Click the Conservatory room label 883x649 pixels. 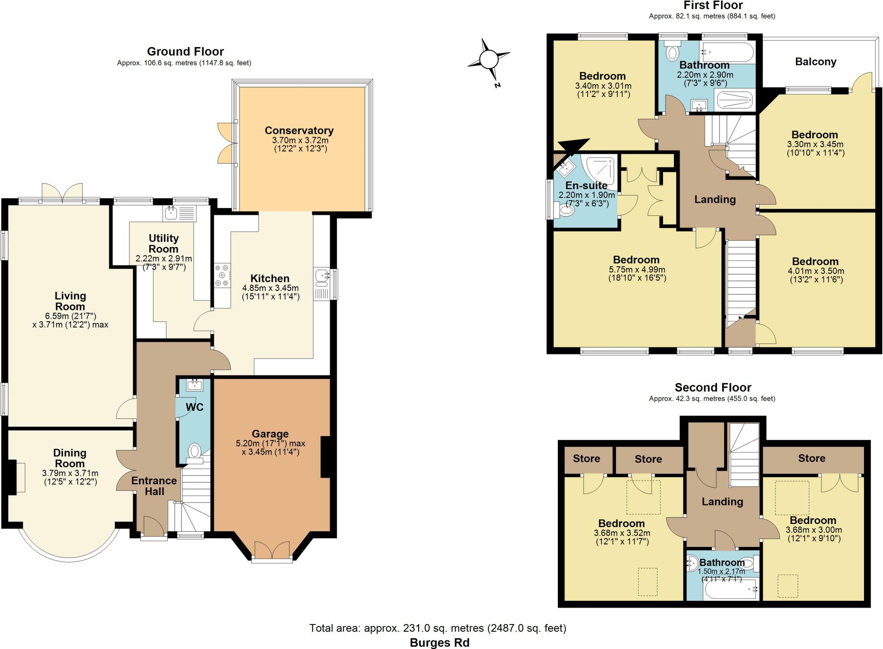[299, 130]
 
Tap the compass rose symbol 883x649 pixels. [489, 59]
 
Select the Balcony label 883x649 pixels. [815, 62]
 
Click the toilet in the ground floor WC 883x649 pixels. [195, 452]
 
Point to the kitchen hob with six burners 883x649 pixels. [222, 275]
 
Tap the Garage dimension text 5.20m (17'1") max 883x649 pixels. [270, 443]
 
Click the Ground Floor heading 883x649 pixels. [185, 52]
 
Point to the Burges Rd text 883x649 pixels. [439, 643]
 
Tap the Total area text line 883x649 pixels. [438, 628]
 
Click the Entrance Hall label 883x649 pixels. [154, 486]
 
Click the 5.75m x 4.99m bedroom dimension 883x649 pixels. [637, 269]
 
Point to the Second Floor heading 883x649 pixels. [713, 387]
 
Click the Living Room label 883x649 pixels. [70, 301]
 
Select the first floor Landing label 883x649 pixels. [714, 199]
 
